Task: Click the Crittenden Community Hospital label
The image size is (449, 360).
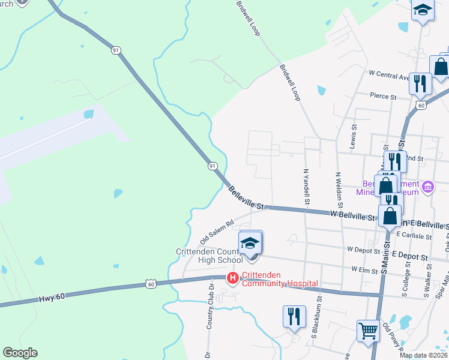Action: [x=280, y=283]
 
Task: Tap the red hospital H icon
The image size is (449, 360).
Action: [x=233, y=278]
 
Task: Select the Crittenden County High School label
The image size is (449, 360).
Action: [x=209, y=256]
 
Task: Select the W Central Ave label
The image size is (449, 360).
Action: [x=388, y=75]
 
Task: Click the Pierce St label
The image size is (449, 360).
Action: [x=383, y=96]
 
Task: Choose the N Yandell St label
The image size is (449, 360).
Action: [x=306, y=186]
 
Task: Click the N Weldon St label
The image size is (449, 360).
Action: [x=338, y=189]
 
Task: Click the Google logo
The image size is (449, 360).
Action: [x=20, y=353]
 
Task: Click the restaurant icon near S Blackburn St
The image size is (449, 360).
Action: [x=293, y=316]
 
